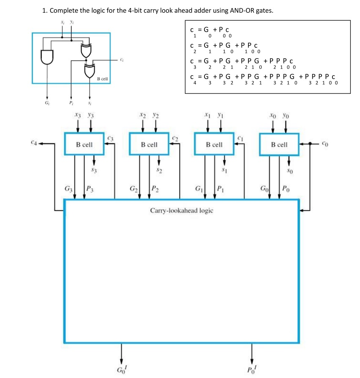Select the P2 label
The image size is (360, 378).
pos(155,189)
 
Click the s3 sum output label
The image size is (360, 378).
pos(95,171)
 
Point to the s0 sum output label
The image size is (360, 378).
pos(290,171)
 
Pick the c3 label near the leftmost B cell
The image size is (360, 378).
pos(111,137)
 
